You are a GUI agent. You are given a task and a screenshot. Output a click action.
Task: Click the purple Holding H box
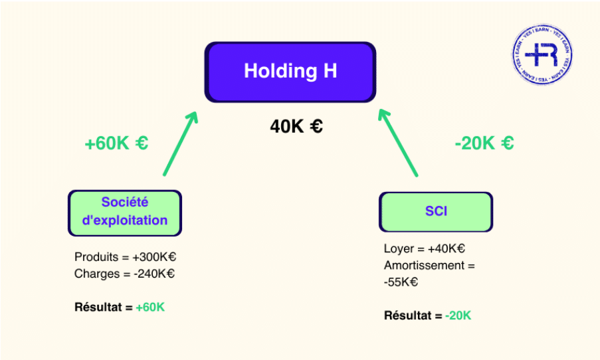[x=290, y=72]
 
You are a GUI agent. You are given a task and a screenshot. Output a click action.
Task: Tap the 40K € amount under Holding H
[x=296, y=126]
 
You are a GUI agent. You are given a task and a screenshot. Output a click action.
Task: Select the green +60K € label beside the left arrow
[x=116, y=143]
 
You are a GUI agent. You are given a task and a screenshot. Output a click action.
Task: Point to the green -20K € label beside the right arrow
[x=484, y=143]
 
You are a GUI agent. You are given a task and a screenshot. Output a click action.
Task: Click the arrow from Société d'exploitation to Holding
[x=181, y=142]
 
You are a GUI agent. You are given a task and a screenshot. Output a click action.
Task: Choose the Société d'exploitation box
[x=124, y=213]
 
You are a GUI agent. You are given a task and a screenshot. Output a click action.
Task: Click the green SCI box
[x=436, y=212]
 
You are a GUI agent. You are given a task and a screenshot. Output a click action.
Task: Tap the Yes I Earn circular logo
[x=544, y=55]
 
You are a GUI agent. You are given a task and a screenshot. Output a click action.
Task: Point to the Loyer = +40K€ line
[x=424, y=249]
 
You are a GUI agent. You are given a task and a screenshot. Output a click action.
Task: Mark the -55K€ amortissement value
[x=401, y=282]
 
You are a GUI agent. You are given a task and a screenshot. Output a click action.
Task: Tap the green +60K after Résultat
[x=150, y=308]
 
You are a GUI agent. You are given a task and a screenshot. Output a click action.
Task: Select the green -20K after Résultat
[x=458, y=315]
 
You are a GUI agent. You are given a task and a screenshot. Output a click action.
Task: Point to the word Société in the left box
[x=124, y=203]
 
